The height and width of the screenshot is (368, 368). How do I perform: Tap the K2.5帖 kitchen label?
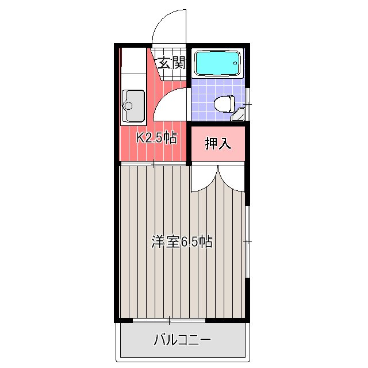(x=157, y=137)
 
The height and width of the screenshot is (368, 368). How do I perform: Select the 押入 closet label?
(x=218, y=143)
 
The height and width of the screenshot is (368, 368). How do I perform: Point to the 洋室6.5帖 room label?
(x=182, y=241)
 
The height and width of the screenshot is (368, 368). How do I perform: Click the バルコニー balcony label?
(x=182, y=340)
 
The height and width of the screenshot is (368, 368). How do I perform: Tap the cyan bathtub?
(x=218, y=63)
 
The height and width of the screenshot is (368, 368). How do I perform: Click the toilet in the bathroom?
(x=224, y=104)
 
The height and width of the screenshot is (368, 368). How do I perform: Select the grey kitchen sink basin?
(x=133, y=106)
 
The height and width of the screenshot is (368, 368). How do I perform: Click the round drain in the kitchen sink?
(x=128, y=106)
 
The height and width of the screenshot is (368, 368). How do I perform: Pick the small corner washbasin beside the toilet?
(x=238, y=114)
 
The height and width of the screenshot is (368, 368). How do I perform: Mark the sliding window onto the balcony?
(x=169, y=320)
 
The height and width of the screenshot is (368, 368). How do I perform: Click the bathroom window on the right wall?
(x=247, y=104)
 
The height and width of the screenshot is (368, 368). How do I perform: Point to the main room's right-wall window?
(x=247, y=241)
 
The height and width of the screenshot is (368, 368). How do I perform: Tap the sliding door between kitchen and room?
(x=154, y=163)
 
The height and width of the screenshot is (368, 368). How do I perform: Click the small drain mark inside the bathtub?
(x=235, y=63)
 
